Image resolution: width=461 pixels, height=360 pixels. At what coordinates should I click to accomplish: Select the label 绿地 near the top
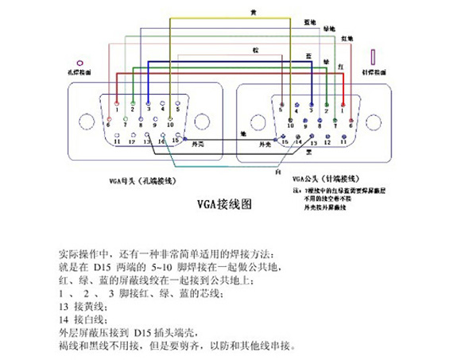328,29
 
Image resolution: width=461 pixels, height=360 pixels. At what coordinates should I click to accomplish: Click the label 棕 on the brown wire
256,51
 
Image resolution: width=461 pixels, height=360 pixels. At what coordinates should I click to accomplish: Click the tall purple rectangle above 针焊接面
372,57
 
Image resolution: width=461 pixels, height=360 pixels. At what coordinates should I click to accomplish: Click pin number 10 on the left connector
170,126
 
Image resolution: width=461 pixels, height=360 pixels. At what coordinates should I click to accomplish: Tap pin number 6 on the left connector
108,126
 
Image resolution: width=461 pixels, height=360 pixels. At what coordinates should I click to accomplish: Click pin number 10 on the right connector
290,126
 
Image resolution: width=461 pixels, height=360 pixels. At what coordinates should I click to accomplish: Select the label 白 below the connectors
277,170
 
